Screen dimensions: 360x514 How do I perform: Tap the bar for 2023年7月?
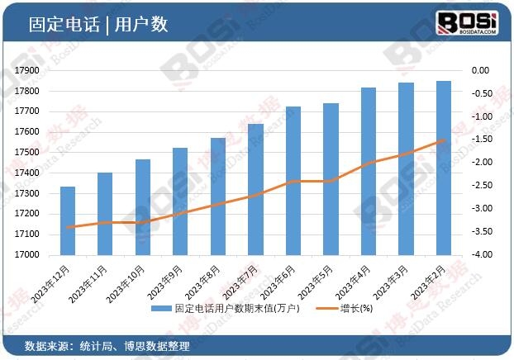(x=255, y=189)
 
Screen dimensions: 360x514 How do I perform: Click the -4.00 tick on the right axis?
(x=483, y=255)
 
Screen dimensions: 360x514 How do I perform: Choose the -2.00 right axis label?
(x=483, y=163)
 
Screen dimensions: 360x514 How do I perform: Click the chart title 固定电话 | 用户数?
(x=98, y=25)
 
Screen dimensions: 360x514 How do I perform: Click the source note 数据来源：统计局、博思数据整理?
(x=107, y=346)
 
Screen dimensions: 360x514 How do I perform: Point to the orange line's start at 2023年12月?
(x=69, y=227)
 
